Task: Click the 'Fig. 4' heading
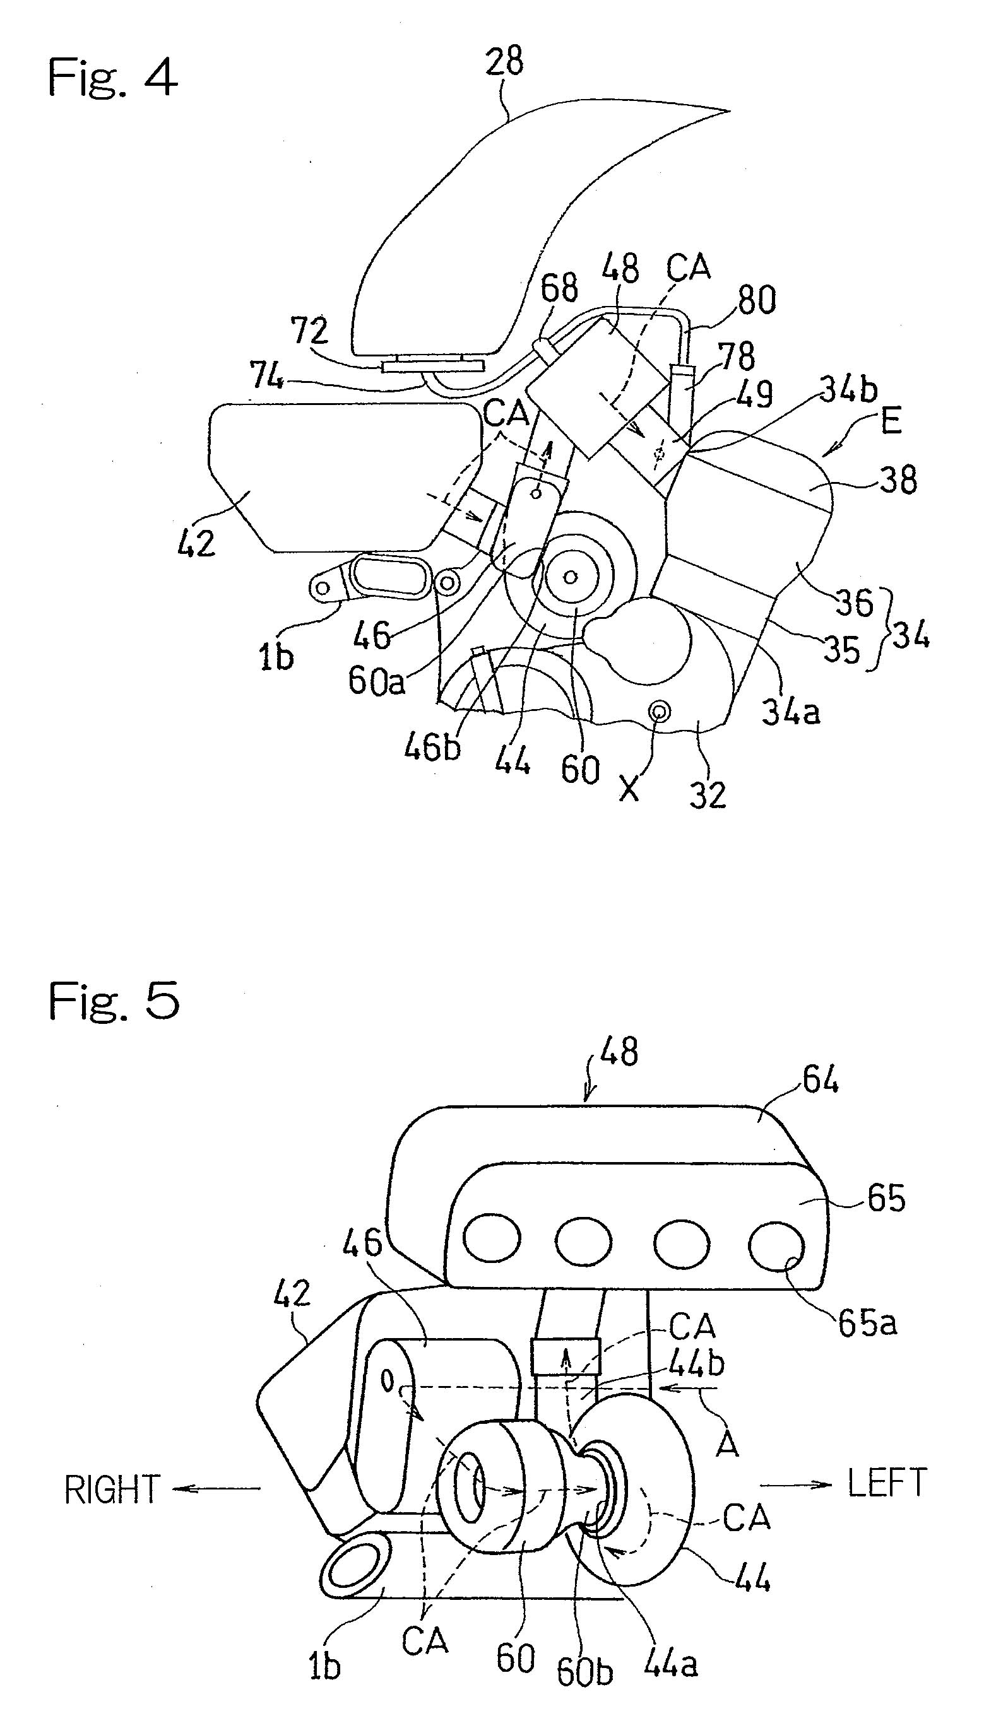pyautogui.click(x=112, y=78)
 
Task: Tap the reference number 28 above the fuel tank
pyautogui.click(x=504, y=62)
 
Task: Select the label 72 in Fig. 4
pyautogui.click(x=309, y=331)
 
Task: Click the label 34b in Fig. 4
pyautogui.click(x=848, y=391)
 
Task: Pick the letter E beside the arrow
pyautogui.click(x=891, y=422)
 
